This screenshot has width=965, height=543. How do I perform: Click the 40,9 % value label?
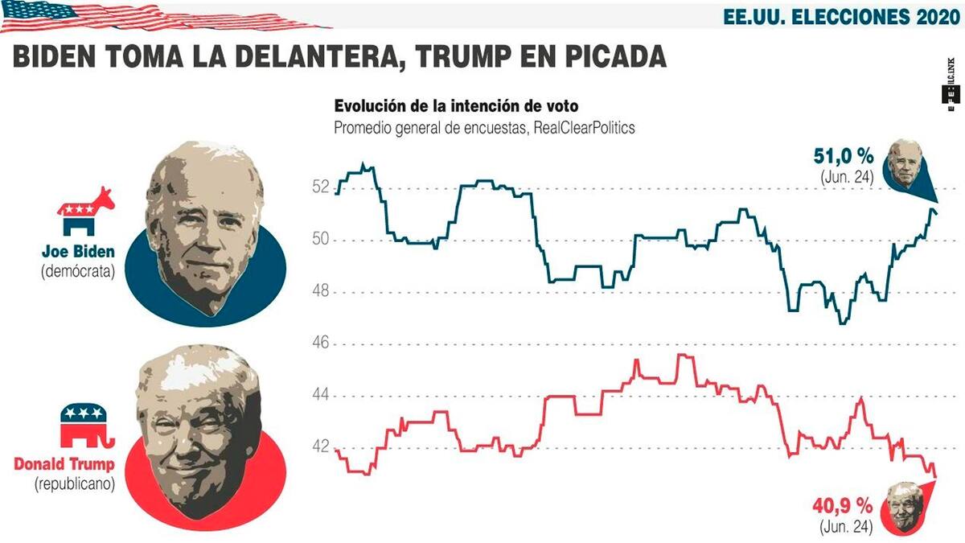[843, 508]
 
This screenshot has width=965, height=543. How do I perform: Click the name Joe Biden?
[77, 250]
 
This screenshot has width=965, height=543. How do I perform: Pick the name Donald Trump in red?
[64, 464]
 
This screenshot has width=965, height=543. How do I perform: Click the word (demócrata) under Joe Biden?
[77, 271]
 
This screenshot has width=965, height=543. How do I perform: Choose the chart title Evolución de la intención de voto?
[456, 106]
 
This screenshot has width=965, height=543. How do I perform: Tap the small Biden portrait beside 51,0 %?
[905, 162]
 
